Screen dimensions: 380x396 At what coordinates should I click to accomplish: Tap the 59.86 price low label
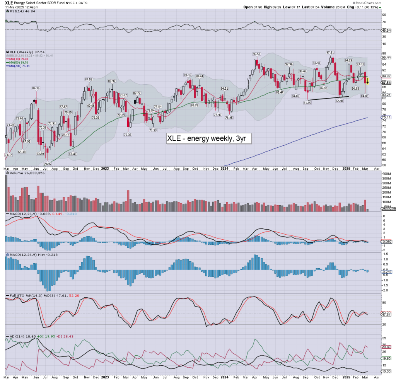[x=47, y=164]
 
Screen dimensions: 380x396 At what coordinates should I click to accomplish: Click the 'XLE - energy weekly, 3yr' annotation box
[x=209, y=139]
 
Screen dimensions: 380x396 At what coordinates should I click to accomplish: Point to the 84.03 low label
[x=365, y=95]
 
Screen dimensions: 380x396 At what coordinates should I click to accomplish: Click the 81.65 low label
[x=307, y=103]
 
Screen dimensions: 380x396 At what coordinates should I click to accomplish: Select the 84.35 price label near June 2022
[x=36, y=88]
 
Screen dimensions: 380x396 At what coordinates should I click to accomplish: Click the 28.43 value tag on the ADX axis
[x=386, y=347]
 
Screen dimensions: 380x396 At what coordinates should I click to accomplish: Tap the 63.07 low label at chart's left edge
[x=8, y=155]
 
